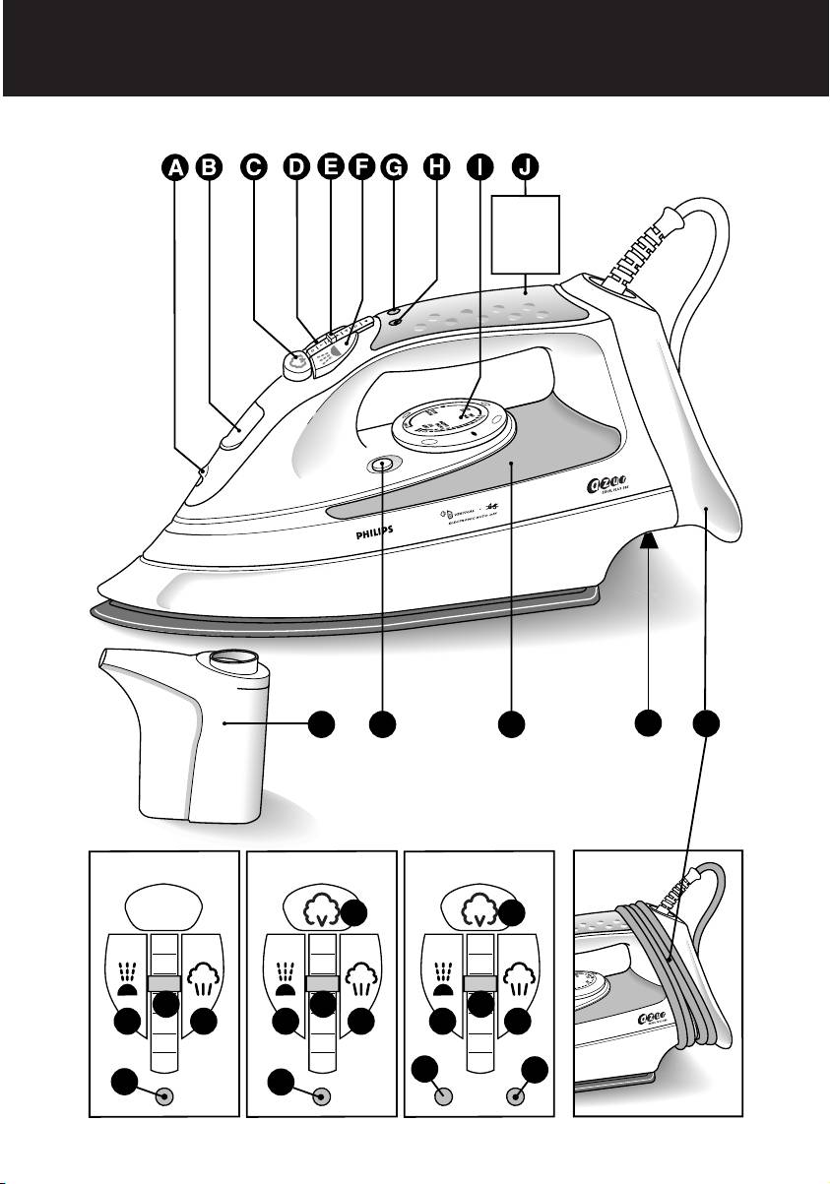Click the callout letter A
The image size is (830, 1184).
176,168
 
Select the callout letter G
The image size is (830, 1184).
393,168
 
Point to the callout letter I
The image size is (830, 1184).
479,168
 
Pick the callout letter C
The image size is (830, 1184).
253,168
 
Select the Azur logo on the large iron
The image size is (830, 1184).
604,486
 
